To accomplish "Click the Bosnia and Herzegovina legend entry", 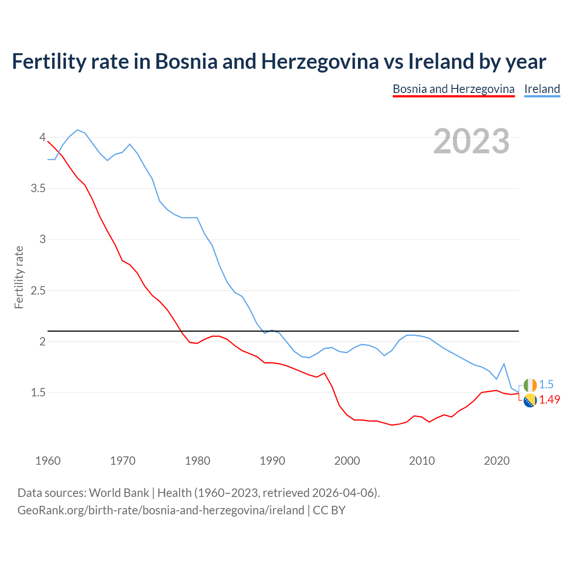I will [x=454, y=89].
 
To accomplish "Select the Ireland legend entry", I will [x=542, y=89].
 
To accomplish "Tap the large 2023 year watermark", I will [x=471, y=141].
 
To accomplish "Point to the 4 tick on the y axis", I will [x=43, y=137].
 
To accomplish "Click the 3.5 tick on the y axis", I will [x=38, y=189].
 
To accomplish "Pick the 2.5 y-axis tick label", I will [x=38, y=291].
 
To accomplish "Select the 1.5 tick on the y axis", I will [x=38, y=393].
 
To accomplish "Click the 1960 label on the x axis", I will [x=48, y=461].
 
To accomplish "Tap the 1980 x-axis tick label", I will [x=198, y=461].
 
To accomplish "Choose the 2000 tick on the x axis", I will [x=347, y=461].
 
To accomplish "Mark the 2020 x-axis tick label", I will [x=496, y=461].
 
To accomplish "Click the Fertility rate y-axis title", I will [x=19, y=277].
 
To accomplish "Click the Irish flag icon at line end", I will [x=530, y=385].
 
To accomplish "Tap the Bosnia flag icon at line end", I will [x=530, y=400].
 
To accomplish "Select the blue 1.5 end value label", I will [x=546, y=385].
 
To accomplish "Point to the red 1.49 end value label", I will [x=549, y=400].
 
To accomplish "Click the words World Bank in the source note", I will [x=119, y=493].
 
